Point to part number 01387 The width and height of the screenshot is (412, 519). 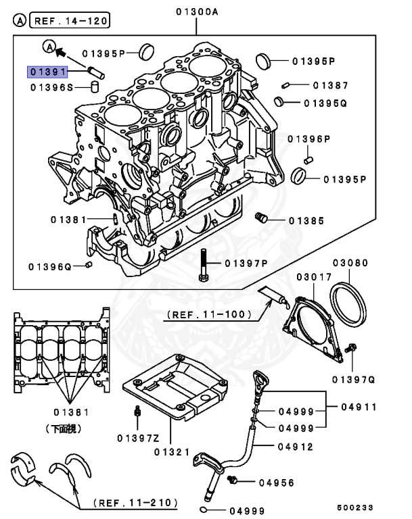tap(330, 86)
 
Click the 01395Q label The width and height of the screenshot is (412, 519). tap(325, 103)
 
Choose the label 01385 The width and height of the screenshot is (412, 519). tap(306, 221)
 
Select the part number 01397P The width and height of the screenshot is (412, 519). tap(247, 263)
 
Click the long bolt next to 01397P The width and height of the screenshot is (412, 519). tap(203, 266)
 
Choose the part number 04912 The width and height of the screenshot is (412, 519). tap(296, 446)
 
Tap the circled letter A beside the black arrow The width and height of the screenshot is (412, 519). tap(49, 47)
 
